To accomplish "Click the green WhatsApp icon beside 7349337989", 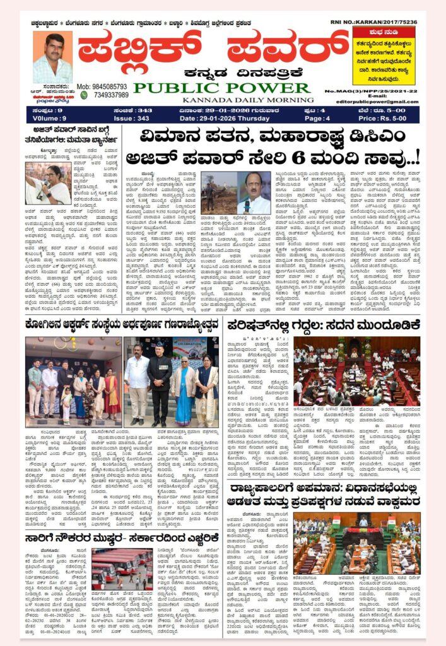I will (x=83, y=95).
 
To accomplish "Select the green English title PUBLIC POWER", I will (x=222, y=88).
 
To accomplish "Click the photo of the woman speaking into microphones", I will (x=48, y=184).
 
